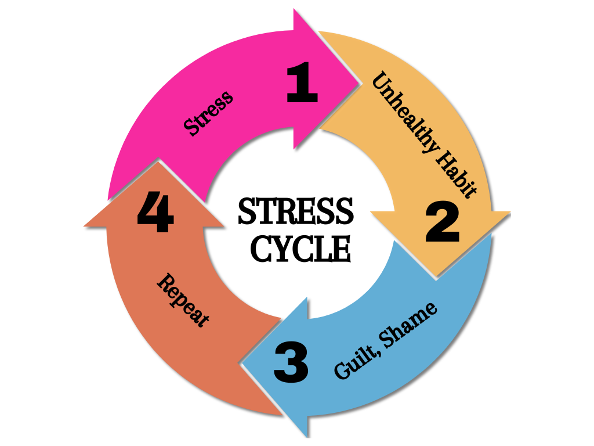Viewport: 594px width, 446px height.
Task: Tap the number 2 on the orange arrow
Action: click(442, 224)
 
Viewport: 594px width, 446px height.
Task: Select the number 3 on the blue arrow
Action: click(291, 364)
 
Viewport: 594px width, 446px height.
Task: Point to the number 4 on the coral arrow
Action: click(155, 214)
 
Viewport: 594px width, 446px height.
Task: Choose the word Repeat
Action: click(183, 300)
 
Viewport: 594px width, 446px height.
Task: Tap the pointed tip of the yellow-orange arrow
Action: click(436, 278)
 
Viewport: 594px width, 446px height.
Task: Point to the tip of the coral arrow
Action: click(157, 159)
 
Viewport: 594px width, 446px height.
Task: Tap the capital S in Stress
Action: click(190, 127)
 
